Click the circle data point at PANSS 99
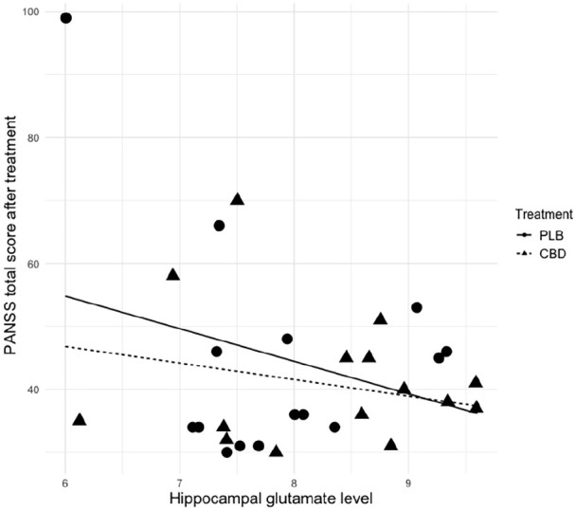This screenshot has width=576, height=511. click(65, 18)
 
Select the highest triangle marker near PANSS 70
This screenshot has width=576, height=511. click(237, 199)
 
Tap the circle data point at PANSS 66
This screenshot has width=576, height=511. click(219, 226)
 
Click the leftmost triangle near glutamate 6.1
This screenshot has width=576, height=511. click(80, 420)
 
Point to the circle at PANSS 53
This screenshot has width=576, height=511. click(417, 307)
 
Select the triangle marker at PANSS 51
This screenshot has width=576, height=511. click(381, 319)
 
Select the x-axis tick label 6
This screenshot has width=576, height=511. click(65, 476)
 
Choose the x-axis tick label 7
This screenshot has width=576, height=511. click(180, 476)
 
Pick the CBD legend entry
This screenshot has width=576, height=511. click(549, 254)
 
